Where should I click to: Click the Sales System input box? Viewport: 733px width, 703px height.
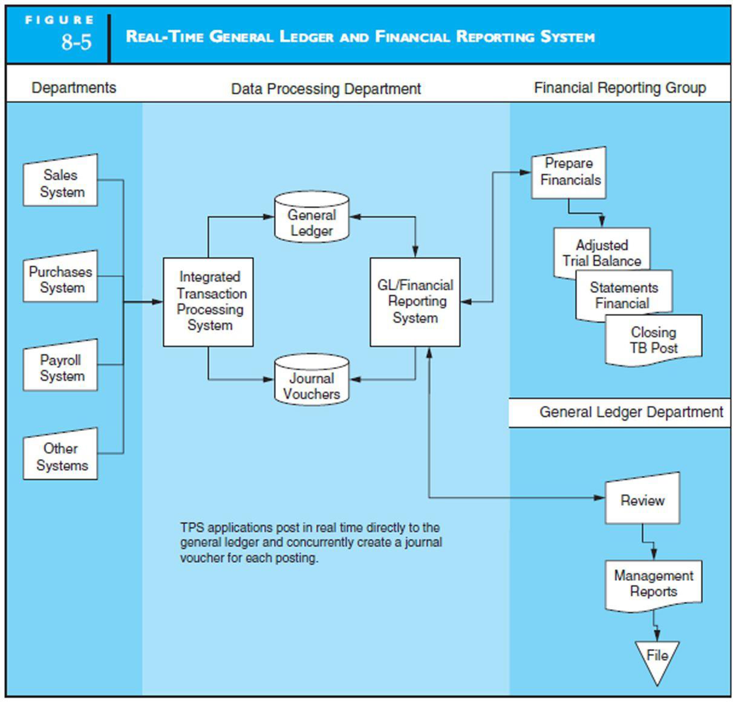60,183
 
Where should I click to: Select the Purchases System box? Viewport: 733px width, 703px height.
60,279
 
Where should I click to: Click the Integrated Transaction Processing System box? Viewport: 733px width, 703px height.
208,302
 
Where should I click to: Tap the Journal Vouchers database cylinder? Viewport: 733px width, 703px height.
312,381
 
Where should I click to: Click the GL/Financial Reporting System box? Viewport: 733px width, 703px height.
415,302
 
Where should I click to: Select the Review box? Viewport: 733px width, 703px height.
642,501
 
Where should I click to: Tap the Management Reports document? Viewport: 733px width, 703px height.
653,584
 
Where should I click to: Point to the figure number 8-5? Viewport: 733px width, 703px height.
76,42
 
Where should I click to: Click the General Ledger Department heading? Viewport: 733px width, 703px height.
631,412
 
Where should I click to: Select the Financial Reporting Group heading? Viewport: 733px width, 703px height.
620,88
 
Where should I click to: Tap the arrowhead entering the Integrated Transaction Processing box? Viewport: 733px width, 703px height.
158,302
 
